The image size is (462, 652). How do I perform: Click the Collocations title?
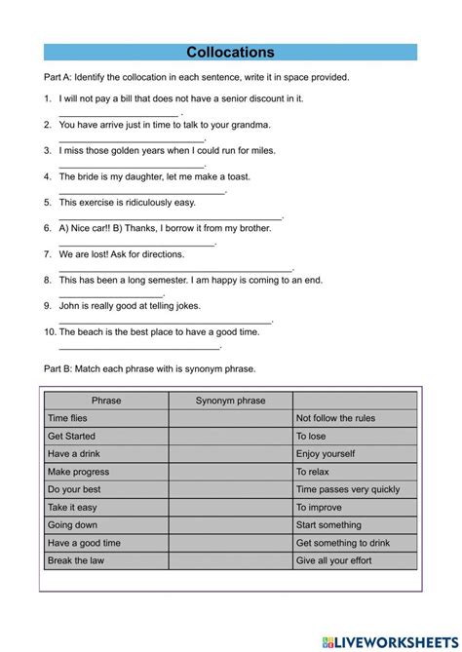click(230, 53)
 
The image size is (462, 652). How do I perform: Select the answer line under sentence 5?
click(170, 218)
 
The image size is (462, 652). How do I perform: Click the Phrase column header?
click(106, 401)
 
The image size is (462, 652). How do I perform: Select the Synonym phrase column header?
click(230, 401)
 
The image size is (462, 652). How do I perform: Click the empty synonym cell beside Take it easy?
click(230, 507)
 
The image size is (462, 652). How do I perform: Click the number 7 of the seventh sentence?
click(47, 253)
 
